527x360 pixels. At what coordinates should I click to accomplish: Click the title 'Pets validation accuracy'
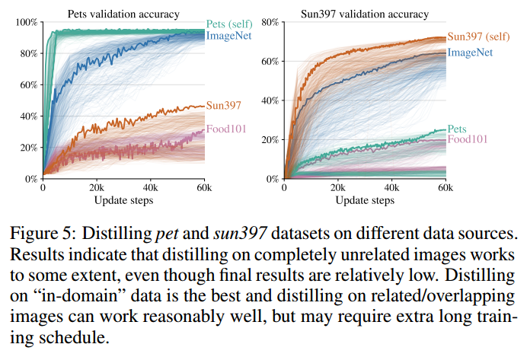[123, 13]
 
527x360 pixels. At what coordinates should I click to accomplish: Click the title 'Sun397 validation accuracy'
[365, 13]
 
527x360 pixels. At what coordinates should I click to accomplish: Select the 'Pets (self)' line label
[232, 24]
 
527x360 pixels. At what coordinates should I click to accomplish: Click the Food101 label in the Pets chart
[227, 129]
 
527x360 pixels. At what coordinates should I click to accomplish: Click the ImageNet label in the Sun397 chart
[470, 52]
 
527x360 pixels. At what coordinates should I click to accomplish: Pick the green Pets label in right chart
[458, 129]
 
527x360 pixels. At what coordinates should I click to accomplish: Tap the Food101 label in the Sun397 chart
[468, 140]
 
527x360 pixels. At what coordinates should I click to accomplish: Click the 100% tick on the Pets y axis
[26, 22]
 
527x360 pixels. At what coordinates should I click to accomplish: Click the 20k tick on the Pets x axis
[96, 188]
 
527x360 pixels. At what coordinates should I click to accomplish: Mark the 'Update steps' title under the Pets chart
[123, 200]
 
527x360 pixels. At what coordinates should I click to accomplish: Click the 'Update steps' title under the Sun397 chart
[365, 200]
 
